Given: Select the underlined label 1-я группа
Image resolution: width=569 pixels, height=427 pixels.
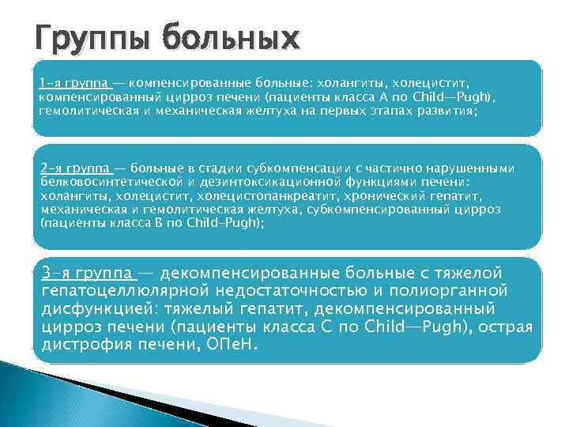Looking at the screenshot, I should [x=73, y=81].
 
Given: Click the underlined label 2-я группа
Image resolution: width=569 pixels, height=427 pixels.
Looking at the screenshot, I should [x=73, y=168].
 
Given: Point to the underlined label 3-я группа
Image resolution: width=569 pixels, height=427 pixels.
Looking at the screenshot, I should [x=88, y=273].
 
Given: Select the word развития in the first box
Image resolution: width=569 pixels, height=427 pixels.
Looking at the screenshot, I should [x=449, y=110].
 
